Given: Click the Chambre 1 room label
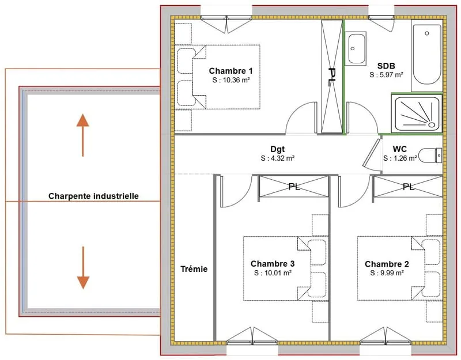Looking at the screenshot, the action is click(231, 71).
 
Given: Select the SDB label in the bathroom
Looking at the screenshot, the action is click(386, 66).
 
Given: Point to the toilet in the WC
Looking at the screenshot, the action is click(430, 155).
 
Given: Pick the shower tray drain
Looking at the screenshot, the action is click(431, 124).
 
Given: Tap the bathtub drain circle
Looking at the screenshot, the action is click(426, 33).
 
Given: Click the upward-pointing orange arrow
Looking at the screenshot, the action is click(83, 135).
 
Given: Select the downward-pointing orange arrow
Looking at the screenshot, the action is click(83, 268).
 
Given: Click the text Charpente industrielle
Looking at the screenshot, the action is click(93, 196).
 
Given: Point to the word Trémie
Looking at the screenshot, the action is click(194, 269).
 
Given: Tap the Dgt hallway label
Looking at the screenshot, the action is click(278, 149).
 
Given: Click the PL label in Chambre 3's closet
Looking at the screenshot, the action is click(294, 187).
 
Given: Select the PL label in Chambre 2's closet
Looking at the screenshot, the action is click(409, 187).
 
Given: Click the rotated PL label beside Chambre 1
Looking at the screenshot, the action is click(332, 77).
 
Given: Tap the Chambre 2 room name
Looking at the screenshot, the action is click(387, 264).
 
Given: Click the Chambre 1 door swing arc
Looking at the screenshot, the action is click(295, 111).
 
